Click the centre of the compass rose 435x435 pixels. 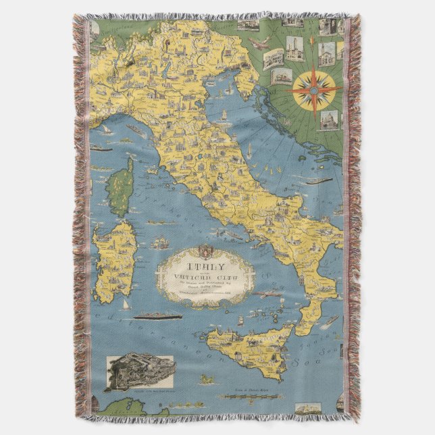[314, 88]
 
